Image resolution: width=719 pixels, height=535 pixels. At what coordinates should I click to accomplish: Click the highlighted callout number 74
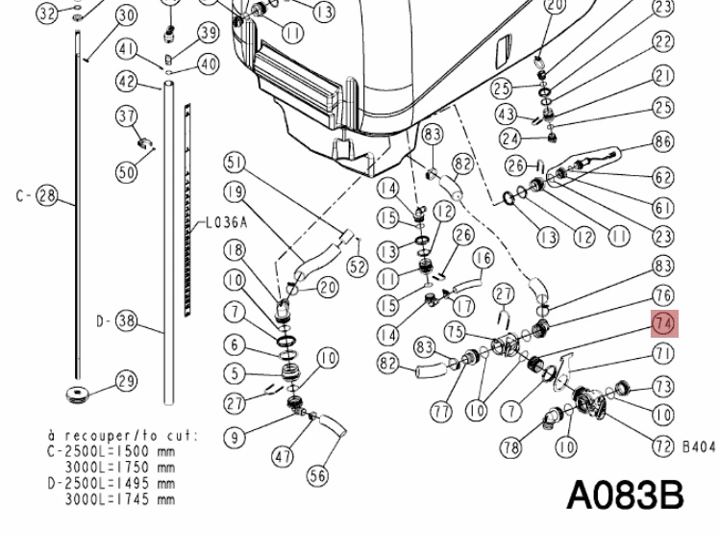click(x=664, y=324)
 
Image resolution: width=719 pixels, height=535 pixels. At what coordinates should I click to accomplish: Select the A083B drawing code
click(x=625, y=496)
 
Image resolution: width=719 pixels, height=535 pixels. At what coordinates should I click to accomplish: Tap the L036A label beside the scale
click(x=226, y=223)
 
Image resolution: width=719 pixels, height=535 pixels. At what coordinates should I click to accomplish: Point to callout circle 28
click(x=47, y=196)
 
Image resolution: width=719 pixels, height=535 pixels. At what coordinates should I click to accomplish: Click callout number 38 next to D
click(x=126, y=320)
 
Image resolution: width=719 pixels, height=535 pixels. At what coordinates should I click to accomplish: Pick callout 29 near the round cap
click(x=127, y=381)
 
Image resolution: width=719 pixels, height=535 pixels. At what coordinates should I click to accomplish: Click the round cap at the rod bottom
click(x=77, y=395)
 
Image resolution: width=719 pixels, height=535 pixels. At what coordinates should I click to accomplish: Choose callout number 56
click(x=318, y=475)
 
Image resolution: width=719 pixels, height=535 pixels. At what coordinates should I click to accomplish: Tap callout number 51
click(x=235, y=163)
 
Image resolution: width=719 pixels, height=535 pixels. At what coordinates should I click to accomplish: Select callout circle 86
click(x=663, y=141)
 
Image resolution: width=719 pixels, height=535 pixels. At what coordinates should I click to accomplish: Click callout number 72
click(x=663, y=446)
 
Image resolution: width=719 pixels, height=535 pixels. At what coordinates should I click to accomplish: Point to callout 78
click(x=511, y=447)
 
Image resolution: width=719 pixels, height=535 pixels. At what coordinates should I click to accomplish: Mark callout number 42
click(x=127, y=82)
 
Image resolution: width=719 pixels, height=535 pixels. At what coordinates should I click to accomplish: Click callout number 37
click(x=127, y=116)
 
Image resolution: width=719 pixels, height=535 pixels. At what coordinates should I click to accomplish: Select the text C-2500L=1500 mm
click(x=112, y=451)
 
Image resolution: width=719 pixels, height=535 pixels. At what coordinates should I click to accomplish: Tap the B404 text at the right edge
click(x=700, y=446)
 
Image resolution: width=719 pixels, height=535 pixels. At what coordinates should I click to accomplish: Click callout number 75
click(x=455, y=332)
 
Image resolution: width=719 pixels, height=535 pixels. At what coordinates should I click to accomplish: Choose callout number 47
click(x=283, y=456)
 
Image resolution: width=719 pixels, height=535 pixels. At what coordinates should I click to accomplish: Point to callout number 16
click(x=483, y=258)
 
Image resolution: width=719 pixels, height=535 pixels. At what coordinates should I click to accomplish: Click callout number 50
click(x=127, y=172)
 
